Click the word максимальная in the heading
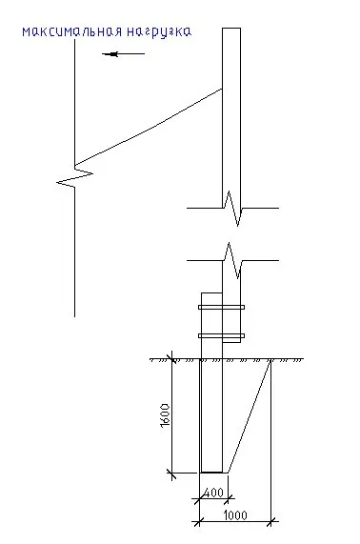pyautogui.click(x=72, y=31)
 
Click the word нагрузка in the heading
pyautogui.click(x=159, y=32)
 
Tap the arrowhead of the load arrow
pyautogui.click(x=111, y=53)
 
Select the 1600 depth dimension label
pyautogui.click(x=166, y=415)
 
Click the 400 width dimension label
pyautogui.click(x=212, y=493)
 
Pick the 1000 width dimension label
pyautogui.click(x=235, y=514)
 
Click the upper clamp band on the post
pyautogui.click(x=221, y=307)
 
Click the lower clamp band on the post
pyautogui.click(x=221, y=336)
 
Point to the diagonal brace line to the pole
pyautogui.click(x=149, y=127)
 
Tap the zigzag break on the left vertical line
pyautogui.click(x=75, y=176)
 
